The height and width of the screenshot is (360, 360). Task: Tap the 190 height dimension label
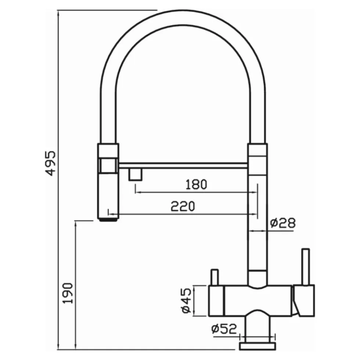coord(68,293)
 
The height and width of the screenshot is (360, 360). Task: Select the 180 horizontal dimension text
coord(196,185)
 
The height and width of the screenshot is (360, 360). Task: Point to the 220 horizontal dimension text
coord(183,206)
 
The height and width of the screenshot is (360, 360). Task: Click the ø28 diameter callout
coord(283,223)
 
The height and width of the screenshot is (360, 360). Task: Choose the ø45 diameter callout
coord(186,301)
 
